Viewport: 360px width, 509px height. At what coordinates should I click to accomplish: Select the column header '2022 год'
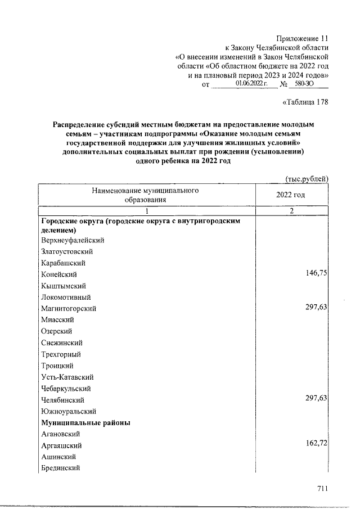click(290, 195)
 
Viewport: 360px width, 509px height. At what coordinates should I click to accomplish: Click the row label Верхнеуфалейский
click(73, 240)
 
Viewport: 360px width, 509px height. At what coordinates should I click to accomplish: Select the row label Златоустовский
click(67, 251)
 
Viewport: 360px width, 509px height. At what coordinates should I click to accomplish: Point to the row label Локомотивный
click(66, 297)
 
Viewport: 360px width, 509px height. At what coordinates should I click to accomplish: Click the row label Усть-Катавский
click(67, 377)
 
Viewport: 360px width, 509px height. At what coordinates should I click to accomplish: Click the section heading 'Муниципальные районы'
click(86, 423)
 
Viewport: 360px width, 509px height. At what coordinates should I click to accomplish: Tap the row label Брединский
click(61, 468)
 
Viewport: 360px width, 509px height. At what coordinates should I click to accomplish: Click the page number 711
click(322, 489)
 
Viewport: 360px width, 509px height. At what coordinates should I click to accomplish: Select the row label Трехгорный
click(61, 354)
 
